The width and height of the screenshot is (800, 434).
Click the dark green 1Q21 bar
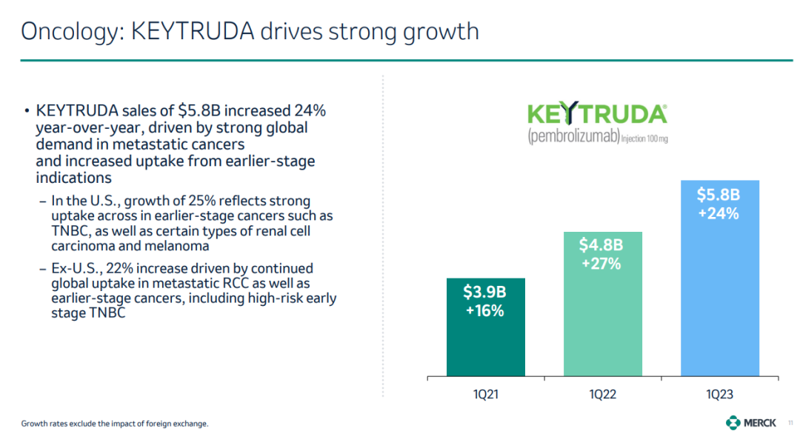pos(486,327)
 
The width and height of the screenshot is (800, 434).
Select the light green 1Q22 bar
pos(602,304)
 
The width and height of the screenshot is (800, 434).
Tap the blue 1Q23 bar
pos(720,278)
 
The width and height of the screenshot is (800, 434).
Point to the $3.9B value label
pos(484,292)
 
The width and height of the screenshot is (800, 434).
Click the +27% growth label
pos(601,264)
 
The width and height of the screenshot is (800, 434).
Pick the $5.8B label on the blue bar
pos(719,194)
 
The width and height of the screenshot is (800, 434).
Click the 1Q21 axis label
pos(486,394)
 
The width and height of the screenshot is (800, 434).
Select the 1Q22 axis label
pos(602,394)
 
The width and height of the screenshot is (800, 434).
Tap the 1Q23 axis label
pos(720,394)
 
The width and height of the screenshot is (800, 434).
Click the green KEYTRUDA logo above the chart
pos(597,113)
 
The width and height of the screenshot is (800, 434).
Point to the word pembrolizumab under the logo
pos(573,136)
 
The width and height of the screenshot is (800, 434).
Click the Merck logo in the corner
pos(750,422)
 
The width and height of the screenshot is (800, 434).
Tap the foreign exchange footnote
pos(115,424)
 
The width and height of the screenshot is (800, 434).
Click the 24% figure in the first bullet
pos(310,110)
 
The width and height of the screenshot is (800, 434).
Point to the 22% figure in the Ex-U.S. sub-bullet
pos(119,268)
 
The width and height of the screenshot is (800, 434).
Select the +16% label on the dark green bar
pos(484,310)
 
